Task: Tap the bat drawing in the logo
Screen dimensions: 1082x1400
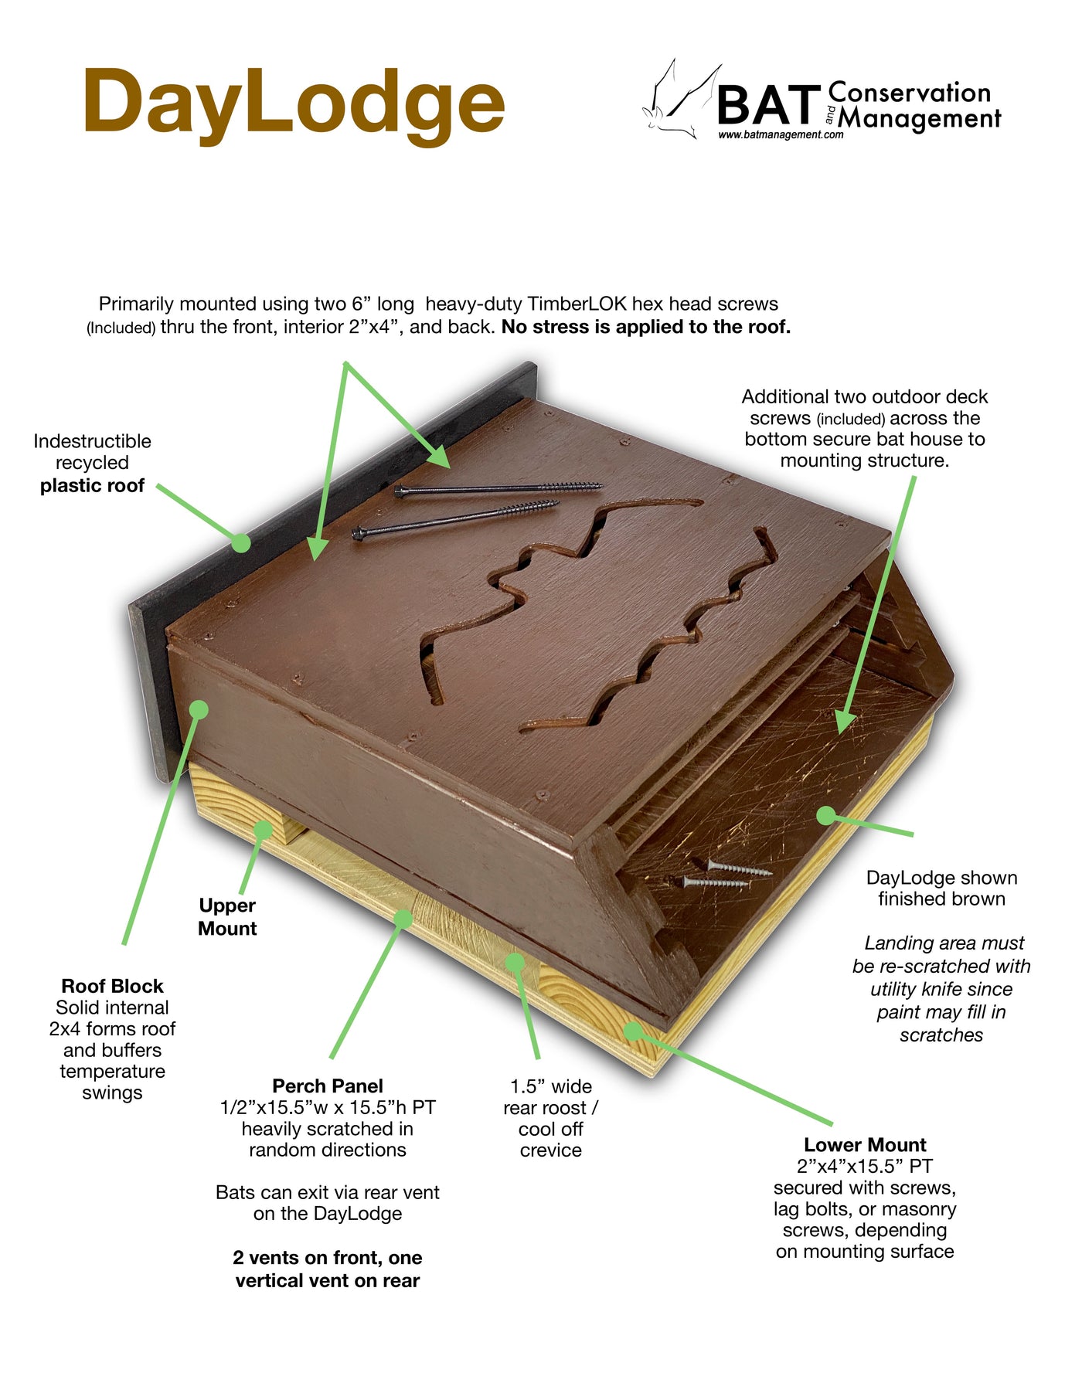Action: [680, 100]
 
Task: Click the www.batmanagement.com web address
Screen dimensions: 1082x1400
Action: [781, 134]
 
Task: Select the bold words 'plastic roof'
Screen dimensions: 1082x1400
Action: [92, 485]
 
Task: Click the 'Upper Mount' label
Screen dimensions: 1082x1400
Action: [226, 916]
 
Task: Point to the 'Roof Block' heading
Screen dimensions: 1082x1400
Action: [112, 986]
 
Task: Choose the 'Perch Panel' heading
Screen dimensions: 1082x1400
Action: [328, 1086]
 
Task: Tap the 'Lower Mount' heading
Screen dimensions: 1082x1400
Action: [865, 1144]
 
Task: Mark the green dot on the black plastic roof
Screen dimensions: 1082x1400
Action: [241, 543]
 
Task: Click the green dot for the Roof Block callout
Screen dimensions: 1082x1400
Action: [199, 709]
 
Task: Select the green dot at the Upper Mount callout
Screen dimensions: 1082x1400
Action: [264, 830]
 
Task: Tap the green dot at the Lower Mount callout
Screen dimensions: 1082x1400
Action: [633, 1031]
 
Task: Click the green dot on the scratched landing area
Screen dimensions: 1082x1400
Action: [826, 815]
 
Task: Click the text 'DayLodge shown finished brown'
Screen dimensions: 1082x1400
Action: [941, 888]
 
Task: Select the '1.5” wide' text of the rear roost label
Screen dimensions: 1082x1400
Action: [551, 1086]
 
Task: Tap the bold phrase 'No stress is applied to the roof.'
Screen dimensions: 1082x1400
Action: [646, 327]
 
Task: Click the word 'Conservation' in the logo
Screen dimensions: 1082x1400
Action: [910, 93]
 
